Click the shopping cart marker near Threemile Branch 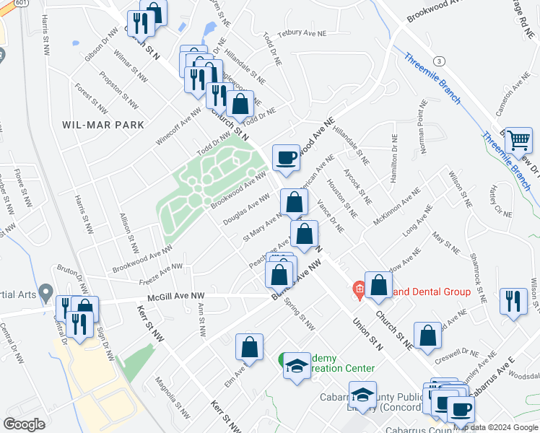518,140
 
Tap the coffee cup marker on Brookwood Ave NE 286,157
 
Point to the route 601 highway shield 6,4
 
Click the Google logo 25,424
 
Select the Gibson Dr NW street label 102,45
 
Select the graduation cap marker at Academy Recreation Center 295,367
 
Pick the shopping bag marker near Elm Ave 250,346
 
